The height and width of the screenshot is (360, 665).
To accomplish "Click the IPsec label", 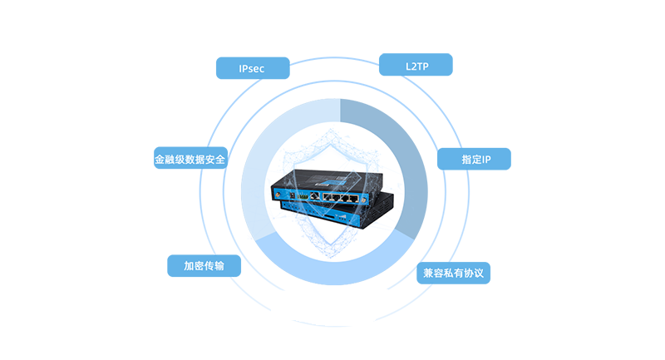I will pyautogui.click(x=251, y=67).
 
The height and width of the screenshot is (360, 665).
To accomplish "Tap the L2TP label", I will pyautogui.click(x=419, y=67).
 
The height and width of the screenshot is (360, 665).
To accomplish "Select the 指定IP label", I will pyautogui.click(x=476, y=159).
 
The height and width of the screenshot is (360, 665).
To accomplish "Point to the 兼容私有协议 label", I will pyautogui.click(x=453, y=273).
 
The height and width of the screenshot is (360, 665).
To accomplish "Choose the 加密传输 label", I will pyautogui.click(x=204, y=266).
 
